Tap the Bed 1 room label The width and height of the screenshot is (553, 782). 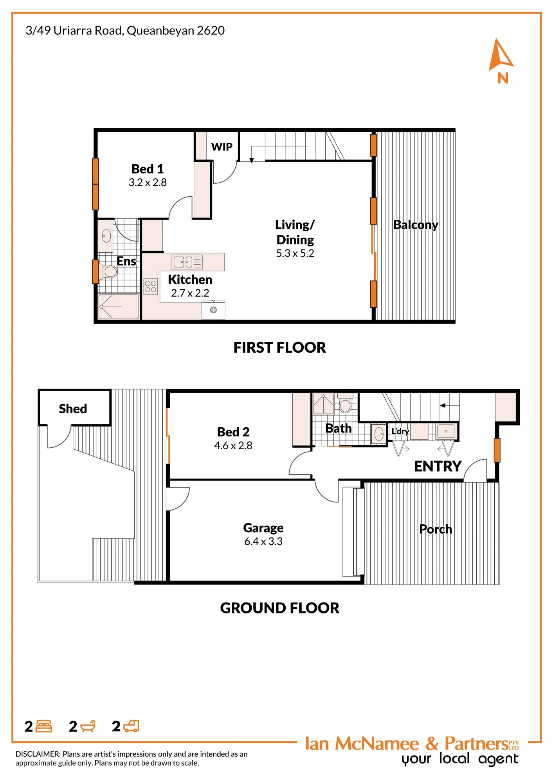(x=148, y=169)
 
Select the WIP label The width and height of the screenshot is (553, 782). (x=222, y=147)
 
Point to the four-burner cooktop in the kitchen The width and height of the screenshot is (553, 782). (x=151, y=286)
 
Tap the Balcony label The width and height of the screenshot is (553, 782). (x=416, y=225)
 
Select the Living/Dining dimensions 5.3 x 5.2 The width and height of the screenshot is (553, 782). (x=295, y=253)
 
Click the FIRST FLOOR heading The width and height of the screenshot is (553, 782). (x=279, y=347)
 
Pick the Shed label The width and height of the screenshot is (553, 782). (x=73, y=409)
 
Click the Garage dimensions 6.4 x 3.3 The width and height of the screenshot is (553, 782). (x=263, y=541)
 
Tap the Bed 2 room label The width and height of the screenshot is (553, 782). (x=233, y=432)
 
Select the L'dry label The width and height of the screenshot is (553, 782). (x=400, y=431)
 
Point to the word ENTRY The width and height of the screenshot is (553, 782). (x=438, y=466)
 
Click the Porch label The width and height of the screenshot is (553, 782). (x=436, y=529)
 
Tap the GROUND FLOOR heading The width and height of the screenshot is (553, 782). (x=279, y=608)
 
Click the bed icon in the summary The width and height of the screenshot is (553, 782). (x=43, y=726)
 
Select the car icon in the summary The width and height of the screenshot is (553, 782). (x=131, y=726)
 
